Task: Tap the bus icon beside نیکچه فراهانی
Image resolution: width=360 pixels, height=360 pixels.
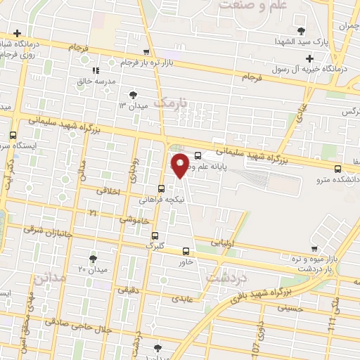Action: (162, 188)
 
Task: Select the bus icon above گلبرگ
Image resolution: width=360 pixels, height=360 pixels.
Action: (155, 236)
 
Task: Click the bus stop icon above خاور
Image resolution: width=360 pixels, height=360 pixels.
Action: (186, 251)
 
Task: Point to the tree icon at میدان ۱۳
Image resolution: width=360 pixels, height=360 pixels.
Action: (133, 94)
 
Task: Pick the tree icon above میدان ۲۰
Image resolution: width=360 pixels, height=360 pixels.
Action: (94, 259)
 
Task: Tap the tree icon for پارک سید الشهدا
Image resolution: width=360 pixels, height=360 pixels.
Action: (302, 30)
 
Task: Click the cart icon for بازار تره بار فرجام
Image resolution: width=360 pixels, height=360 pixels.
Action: (146, 52)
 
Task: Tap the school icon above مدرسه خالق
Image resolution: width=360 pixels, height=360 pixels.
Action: (96, 70)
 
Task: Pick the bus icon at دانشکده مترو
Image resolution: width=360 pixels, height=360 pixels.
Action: (338, 168)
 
